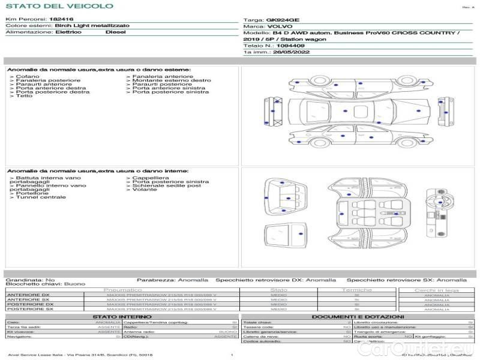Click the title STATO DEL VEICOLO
(59, 6)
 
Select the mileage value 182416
(61, 19)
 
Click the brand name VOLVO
(278, 26)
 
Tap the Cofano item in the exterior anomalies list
(27, 76)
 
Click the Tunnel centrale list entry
(40, 197)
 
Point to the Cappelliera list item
(151, 178)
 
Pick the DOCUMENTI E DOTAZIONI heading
(358, 316)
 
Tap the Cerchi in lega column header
(436, 290)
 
